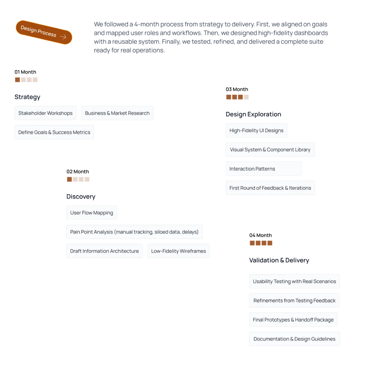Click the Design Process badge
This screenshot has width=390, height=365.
coord(43,32)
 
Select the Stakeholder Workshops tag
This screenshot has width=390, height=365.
coord(45,113)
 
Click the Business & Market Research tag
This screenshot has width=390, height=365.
coord(117,113)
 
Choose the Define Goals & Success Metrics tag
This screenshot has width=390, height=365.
coord(54,132)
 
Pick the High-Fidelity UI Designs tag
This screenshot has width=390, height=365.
coord(256,130)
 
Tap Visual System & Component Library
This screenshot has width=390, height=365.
coord(270,150)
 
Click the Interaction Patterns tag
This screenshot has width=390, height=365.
coord(252,169)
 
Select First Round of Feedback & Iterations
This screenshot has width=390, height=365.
coord(270,188)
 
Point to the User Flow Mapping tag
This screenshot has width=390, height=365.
coord(91,213)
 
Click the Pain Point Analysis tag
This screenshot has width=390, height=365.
coord(134,232)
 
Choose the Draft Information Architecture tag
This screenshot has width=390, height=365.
coord(104,251)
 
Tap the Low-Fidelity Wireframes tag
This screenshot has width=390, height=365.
coord(178,251)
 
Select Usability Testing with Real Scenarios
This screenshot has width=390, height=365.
coord(294,282)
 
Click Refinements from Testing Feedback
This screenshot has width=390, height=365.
coord(294,301)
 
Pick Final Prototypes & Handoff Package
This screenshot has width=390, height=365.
coord(293,320)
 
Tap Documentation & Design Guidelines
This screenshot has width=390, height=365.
coord(294,339)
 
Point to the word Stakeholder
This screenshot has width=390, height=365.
coord(32,113)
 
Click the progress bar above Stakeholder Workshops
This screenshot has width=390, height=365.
coord(26,79)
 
